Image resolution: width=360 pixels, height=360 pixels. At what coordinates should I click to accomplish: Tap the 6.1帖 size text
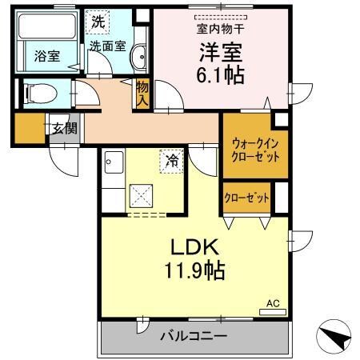pos(220,76)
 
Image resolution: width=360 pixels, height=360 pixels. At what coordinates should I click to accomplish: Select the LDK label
pos(191,247)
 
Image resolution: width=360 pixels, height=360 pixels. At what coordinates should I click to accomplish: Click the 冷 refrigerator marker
pos(171,161)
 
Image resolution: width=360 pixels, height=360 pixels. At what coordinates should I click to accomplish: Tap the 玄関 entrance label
pos(64,126)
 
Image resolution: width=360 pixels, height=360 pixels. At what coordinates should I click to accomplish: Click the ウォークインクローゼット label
pos(255,150)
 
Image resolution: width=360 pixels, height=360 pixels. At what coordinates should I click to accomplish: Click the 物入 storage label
pos(142,93)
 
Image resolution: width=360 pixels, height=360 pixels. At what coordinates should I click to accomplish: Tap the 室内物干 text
pos(221,30)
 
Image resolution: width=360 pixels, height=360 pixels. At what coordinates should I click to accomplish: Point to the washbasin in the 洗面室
pos(138,56)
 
